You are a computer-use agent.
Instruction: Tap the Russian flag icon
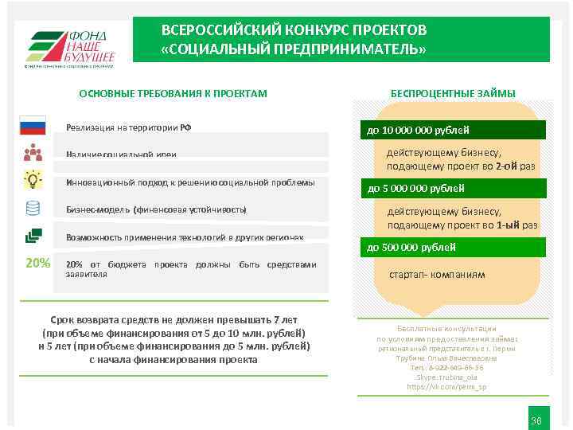(x=33, y=126)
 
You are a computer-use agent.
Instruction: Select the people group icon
(x=33, y=152)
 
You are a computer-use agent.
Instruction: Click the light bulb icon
(x=33, y=179)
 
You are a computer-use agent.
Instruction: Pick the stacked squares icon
(x=33, y=236)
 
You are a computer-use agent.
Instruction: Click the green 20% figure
(x=37, y=264)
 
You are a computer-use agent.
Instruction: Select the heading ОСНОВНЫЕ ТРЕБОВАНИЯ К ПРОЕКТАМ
(x=173, y=94)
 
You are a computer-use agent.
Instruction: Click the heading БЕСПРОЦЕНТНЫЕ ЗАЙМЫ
(x=452, y=93)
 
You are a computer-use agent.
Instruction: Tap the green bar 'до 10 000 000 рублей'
(x=454, y=131)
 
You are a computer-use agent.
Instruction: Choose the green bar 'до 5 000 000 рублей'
(x=454, y=189)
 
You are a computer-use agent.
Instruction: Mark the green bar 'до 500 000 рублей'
(x=454, y=248)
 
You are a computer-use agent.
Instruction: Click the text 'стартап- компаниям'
(x=436, y=275)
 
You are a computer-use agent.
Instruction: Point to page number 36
(x=536, y=420)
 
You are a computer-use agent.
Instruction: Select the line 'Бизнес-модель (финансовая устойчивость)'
(x=156, y=209)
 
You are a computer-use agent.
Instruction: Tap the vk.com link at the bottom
(x=446, y=386)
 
